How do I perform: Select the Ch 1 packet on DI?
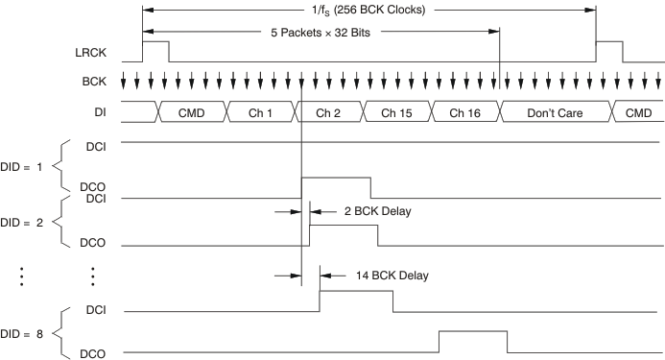(x=260, y=112)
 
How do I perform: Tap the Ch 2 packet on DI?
(x=329, y=112)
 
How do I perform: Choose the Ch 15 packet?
(x=397, y=112)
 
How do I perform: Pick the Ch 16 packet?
(x=465, y=112)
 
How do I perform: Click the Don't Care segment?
(x=555, y=112)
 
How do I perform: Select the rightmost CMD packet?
(x=637, y=112)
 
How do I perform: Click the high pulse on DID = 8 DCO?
(x=472, y=342)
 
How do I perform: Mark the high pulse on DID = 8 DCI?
(x=355, y=300)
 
